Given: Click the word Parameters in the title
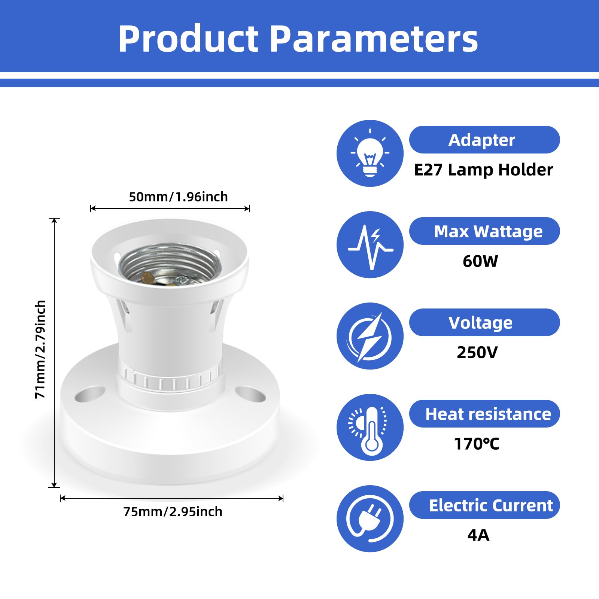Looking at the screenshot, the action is click(374, 39).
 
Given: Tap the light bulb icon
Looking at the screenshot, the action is click(370, 153).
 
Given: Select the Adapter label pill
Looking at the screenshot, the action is click(484, 140).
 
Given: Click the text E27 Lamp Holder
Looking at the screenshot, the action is click(483, 170).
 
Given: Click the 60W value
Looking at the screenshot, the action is click(480, 261).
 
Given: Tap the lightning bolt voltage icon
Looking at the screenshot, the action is click(370, 336).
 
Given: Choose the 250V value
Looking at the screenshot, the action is click(477, 352).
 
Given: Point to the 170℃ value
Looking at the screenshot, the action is click(476, 444).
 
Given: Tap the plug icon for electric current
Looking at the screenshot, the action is click(370, 519).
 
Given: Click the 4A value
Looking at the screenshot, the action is click(478, 535).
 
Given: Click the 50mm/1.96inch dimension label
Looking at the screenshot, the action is click(178, 197).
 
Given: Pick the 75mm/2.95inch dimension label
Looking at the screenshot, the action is click(173, 511).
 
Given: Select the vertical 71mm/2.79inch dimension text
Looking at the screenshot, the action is click(40, 349).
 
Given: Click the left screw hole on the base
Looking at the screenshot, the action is click(90, 395).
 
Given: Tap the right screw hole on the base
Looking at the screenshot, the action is click(250, 395).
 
